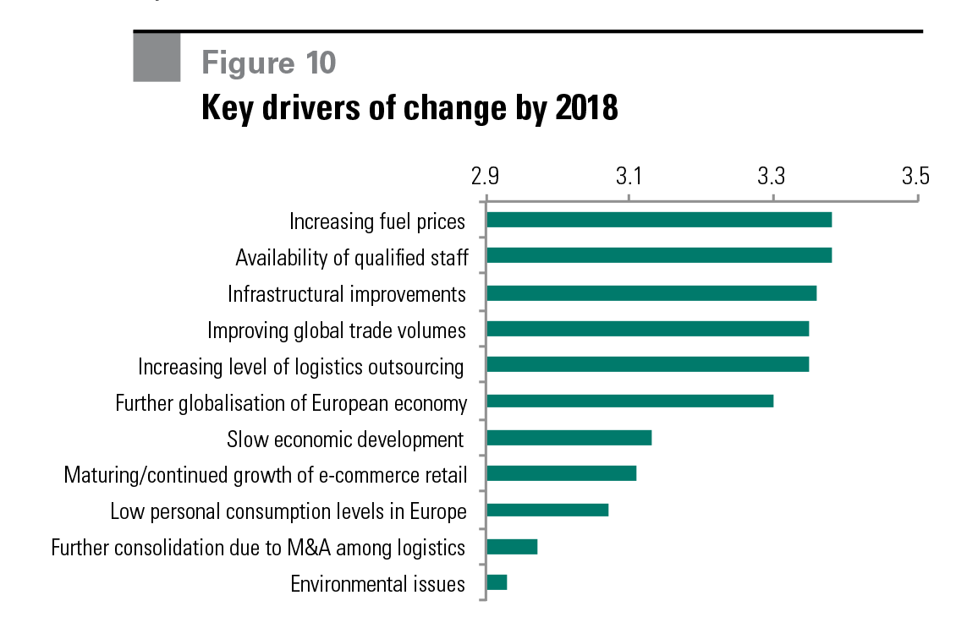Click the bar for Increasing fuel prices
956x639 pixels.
[659, 220]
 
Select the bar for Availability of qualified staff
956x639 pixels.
[659, 255]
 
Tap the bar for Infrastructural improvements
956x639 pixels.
[651, 293]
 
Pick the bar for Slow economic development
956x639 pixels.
[569, 438]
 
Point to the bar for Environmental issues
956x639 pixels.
[497, 582]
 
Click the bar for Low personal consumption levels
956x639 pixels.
[547, 510]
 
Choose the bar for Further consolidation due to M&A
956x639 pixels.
[512, 547]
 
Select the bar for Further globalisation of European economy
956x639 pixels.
[630, 401]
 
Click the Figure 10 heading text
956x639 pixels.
[268, 63]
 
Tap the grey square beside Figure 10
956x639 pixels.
[157, 57]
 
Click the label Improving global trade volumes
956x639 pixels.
[337, 330]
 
